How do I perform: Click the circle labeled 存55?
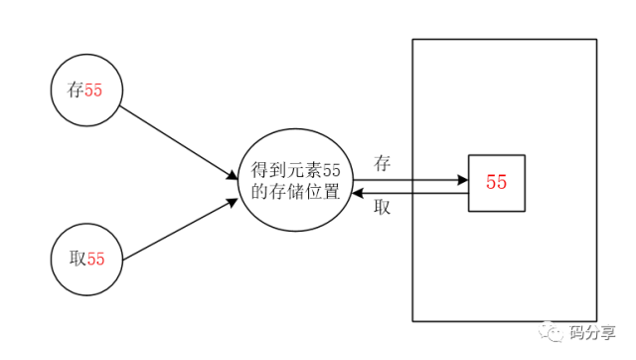pyautogui.click(x=85, y=89)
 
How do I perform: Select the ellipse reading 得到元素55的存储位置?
pyautogui.click(x=296, y=182)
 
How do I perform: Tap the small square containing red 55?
pyautogui.click(x=496, y=183)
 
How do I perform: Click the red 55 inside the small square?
pyautogui.click(x=496, y=183)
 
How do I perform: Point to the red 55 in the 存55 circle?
pyautogui.click(x=93, y=90)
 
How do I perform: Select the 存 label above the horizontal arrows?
pyautogui.click(x=383, y=162)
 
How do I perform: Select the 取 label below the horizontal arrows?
pyautogui.click(x=383, y=208)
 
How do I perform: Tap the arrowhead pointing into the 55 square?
pyautogui.click(x=462, y=180)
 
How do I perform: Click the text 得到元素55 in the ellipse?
pyautogui.click(x=296, y=172)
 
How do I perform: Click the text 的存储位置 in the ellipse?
pyautogui.click(x=296, y=193)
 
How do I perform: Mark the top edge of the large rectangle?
pyautogui.click(x=504, y=39)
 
